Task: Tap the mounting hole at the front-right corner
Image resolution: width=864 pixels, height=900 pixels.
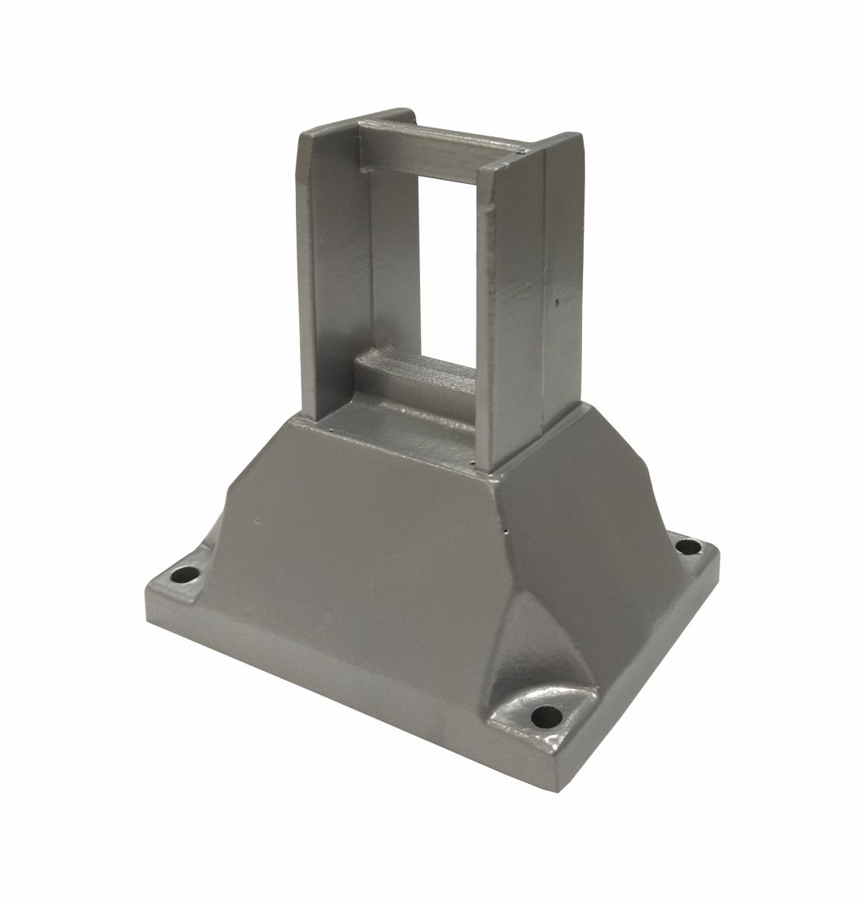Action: [542, 719]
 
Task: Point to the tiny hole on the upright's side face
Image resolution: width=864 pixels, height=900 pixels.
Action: [557, 303]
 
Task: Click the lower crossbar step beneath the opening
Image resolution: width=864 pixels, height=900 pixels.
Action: [417, 379]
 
